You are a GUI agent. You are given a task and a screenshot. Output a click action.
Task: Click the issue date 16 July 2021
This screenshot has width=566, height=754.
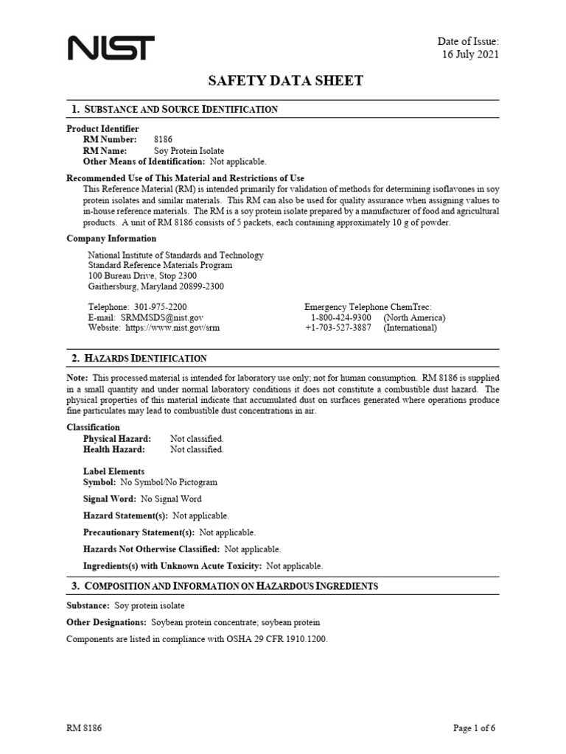pos(470,55)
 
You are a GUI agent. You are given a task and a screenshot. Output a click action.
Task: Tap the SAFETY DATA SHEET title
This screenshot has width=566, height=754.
pos(283,81)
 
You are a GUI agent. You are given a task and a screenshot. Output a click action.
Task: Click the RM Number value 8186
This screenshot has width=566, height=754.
pos(163,139)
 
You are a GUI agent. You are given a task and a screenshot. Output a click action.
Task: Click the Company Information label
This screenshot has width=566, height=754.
pos(111,239)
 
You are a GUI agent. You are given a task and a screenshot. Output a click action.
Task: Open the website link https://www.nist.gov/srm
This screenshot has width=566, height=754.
pos(172,328)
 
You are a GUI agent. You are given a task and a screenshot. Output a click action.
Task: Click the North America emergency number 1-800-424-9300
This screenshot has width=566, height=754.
pos(340,317)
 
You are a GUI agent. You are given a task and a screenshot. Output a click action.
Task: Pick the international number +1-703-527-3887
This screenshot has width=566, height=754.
pos(338,328)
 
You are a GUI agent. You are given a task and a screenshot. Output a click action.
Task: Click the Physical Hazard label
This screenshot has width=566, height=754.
pos(117,439)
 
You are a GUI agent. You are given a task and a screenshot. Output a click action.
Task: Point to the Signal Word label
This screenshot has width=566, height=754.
pos(109,498)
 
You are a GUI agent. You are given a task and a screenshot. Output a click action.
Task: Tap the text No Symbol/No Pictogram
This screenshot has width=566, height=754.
pos(169,482)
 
